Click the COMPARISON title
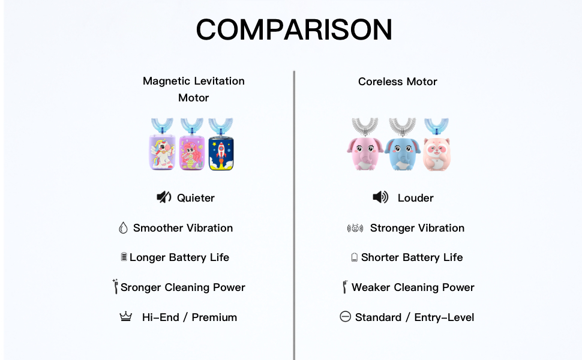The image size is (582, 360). [x=294, y=29]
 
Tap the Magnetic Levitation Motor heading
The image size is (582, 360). [x=193, y=89]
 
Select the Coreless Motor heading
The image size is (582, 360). [x=397, y=82]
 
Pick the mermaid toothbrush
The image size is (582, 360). [x=192, y=148]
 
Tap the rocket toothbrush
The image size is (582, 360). [x=221, y=148]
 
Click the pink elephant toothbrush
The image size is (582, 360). [x=365, y=148]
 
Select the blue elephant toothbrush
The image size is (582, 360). [x=402, y=148]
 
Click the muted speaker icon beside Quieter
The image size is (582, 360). [x=164, y=197]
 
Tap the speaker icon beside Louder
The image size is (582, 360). [x=380, y=197]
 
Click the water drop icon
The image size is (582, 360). [x=124, y=228]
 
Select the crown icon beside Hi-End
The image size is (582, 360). [x=126, y=317]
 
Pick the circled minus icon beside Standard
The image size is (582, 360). [x=345, y=317]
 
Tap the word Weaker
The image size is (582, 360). [x=370, y=287]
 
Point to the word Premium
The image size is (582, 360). [x=214, y=317]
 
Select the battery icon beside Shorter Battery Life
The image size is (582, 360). [x=355, y=257]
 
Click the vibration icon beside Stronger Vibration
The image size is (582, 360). [x=355, y=228]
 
